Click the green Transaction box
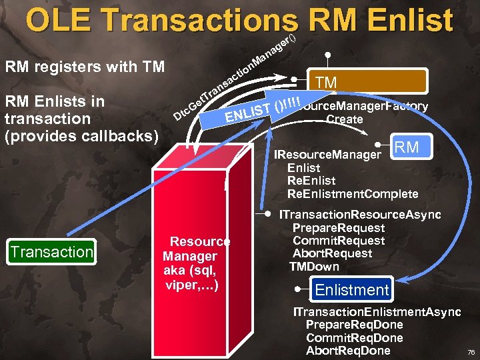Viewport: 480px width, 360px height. (x=52, y=252)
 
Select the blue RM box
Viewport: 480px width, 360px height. (x=407, y=147)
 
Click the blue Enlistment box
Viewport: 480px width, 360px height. (x=351, y=290)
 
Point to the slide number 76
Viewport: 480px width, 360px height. (x=471, y=351)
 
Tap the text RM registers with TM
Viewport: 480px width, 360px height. (x=85, y=67)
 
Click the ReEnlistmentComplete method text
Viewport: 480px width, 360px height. (x=352, y=194)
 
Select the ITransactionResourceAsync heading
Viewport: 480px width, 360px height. (x=360, y=215)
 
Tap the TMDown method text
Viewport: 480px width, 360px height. (x=314, y=267)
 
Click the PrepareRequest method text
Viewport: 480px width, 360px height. (x=338, y=227)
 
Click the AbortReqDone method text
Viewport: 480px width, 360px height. (x=347, y=351)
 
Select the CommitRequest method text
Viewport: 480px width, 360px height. (x=338, y=241)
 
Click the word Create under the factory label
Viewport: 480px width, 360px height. (x=345, y=119)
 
